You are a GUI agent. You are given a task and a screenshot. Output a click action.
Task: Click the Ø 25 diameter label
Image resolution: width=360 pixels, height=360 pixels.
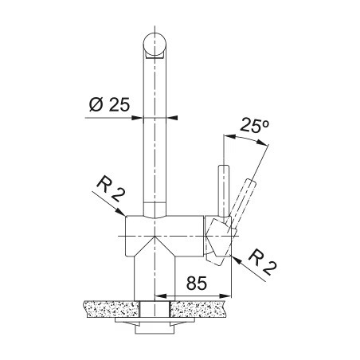coord(109,104)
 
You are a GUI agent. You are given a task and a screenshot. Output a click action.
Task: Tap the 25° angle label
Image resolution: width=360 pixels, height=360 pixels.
coord(255,126)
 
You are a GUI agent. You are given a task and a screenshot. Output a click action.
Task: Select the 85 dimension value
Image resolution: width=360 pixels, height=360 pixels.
coord(197,283)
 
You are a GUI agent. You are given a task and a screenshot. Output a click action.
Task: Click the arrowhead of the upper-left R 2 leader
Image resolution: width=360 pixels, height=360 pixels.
coord(120,212)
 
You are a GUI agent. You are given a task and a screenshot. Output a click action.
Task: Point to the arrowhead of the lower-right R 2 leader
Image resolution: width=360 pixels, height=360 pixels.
coord(237,260)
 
